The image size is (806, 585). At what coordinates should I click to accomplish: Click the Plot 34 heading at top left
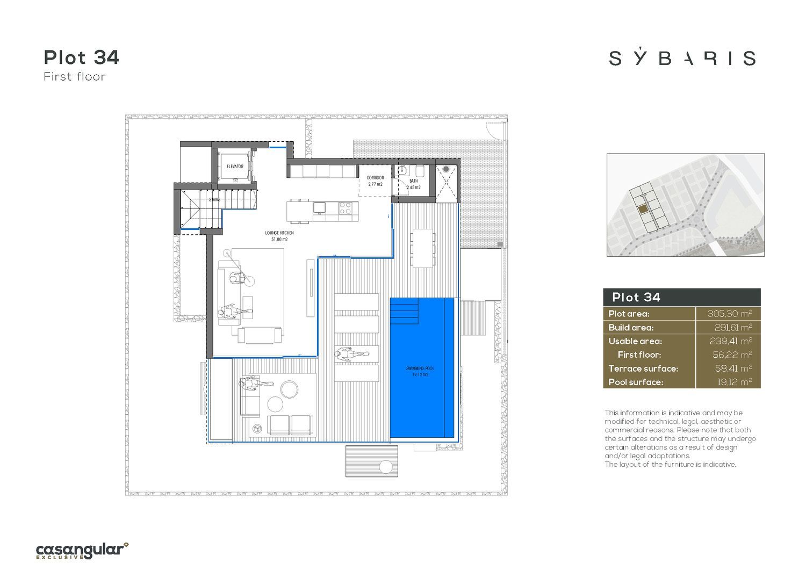pos(81,57)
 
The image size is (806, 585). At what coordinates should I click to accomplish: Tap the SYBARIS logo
pos(682,58)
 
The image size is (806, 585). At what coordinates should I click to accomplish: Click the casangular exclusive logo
pos(82,551)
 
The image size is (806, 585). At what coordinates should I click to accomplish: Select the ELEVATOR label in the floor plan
pos(235,166)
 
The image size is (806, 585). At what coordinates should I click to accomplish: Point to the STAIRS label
pos(214,200)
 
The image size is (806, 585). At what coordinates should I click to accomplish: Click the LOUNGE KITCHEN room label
pos(279,236)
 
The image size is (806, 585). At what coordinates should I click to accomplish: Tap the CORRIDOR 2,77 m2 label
pos(375,181)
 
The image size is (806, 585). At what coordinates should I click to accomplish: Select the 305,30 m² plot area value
pos(730,314)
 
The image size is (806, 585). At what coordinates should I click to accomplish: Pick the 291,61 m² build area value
pos(733,327)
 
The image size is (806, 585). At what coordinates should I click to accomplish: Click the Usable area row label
pos(635,341)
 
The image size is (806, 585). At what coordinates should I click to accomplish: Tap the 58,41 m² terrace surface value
pos(733,369)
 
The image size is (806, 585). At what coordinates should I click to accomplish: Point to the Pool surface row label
pos(636,382)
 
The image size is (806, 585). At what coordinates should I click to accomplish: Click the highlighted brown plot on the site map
pos(643,210)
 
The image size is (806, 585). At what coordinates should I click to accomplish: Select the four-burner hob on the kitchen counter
pos(345,208)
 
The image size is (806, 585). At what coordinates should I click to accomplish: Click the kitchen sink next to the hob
pos(319,207)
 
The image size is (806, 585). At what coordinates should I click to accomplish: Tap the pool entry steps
pos(405,311)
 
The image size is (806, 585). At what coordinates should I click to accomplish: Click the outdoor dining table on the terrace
pos(422,248)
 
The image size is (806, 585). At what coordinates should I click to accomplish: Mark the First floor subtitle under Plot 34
pos(75,77)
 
